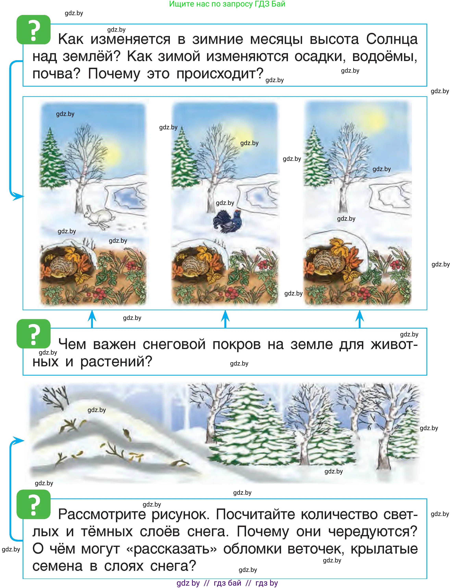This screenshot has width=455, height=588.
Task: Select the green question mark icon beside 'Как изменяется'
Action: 34,30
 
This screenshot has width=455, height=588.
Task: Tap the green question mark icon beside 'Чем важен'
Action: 34,334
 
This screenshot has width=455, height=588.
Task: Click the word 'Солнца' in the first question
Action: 392,39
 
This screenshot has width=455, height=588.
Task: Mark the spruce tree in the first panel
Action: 51,159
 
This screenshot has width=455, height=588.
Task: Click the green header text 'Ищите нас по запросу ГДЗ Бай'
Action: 227,4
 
